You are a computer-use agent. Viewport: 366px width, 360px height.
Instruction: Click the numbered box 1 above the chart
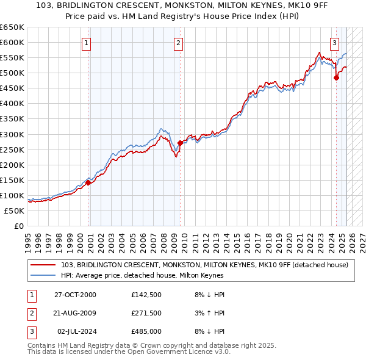(x=87, y=43)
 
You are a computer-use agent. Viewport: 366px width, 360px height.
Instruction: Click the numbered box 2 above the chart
(x=178, y=43)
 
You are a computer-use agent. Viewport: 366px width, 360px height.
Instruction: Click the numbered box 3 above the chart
(x=335, y=43)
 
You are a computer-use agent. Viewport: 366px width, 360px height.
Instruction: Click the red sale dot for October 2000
(x=88, y=182)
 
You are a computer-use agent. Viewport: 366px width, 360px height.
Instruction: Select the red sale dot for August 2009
(x=180, y=143)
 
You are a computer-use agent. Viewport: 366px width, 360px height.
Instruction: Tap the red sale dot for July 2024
(x=336, y=77)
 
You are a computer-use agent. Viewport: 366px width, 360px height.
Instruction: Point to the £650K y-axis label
(x=12, y=27)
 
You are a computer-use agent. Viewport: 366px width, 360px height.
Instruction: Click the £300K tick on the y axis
(x=12, y=134)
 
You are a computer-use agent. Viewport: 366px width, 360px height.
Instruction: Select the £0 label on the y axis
(x=18, y=226)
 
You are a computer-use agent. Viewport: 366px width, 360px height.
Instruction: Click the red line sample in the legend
(x=43, y=265)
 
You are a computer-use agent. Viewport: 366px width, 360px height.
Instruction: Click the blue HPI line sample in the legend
(x=43, y=275)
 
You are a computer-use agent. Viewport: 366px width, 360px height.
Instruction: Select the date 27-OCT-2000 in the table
(x=75, y=295)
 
